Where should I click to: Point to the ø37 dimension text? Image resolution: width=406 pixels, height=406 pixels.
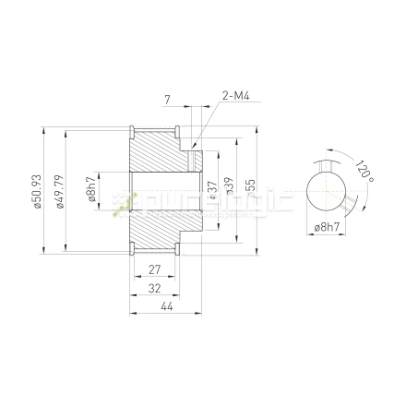(213, 191)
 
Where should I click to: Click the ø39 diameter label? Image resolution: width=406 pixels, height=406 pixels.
(229, 191)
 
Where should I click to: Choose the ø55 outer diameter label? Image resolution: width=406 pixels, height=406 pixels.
(251, 191)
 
